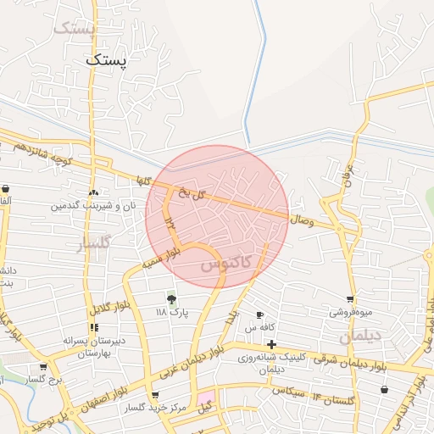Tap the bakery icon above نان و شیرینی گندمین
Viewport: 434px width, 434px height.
tap(93, 192)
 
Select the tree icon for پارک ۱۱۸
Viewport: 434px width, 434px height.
tap(171, 299)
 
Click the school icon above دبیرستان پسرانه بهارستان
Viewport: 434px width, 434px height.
tap(93, 327)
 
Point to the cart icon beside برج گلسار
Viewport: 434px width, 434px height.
tap(43, 367)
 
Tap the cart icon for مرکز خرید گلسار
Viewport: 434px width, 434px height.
tap(154, 396)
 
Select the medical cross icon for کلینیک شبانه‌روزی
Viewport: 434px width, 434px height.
tap(270, 344)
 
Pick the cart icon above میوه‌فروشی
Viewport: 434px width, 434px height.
tap(350, 299)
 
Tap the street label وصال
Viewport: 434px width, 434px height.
tap(302, 221)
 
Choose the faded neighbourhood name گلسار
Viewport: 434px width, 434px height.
tap(94, 245)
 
